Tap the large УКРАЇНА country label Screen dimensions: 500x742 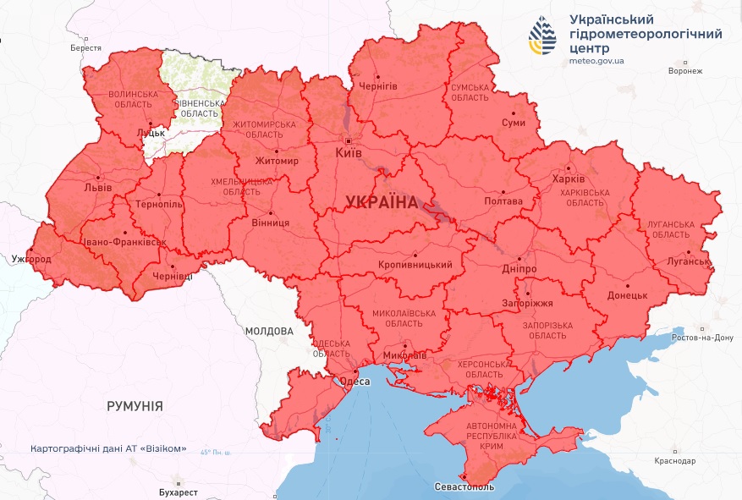382,202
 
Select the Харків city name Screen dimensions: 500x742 568,180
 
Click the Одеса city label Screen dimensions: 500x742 355,382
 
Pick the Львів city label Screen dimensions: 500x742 97,188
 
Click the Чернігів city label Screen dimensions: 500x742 377,86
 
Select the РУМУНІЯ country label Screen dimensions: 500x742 135,406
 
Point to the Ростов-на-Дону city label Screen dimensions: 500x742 701,338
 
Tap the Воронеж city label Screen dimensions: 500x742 684,71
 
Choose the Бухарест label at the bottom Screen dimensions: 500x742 178,492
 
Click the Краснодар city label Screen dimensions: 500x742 674,461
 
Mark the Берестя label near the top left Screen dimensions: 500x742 85,49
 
